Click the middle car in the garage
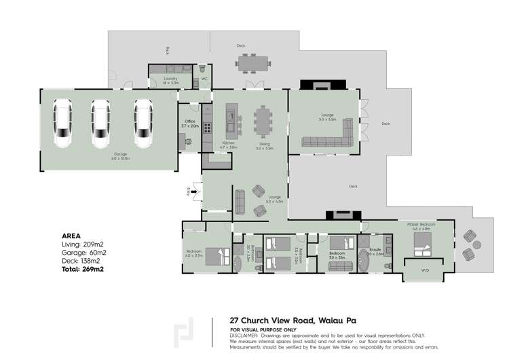(x=100, y=124)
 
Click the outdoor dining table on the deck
(x=251, y=62)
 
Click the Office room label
(x=189, y=123)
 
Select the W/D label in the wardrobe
(x=425, y=270)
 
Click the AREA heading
(x=71, y=235)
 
